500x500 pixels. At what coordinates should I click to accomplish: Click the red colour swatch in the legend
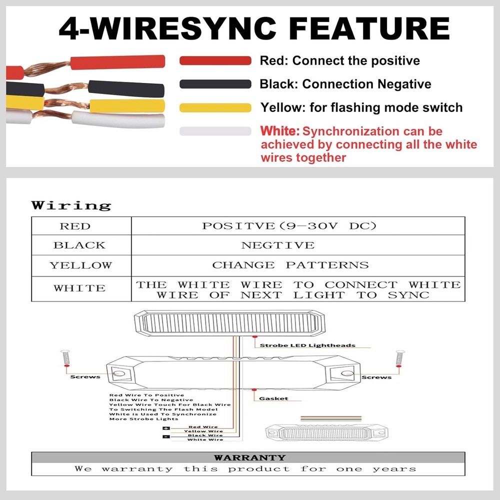[215, 60]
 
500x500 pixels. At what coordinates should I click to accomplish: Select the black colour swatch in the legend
[215, 84]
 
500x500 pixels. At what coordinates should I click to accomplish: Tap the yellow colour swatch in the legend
[215, 108]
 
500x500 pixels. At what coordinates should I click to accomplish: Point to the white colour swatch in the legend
[215, 131]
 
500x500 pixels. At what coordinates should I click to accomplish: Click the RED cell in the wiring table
[81, 226]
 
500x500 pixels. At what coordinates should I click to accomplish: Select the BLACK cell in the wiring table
[81, 245]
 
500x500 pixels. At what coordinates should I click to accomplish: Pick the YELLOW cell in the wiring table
[81, 265]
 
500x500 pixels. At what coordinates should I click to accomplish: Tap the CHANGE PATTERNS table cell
[298, 265]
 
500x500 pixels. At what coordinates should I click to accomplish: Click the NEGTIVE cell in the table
[298, 245]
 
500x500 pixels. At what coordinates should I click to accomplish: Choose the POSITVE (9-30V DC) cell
[298, 226]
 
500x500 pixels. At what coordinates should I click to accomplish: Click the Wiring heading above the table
[71, 205]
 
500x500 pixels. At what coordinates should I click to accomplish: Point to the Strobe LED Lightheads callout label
[307, 345]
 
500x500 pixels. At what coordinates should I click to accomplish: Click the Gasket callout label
[273, 398]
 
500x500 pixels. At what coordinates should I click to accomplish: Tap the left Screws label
[85, 377]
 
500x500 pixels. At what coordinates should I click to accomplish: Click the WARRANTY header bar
[248, 457]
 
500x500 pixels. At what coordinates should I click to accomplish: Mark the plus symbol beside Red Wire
[166, 428]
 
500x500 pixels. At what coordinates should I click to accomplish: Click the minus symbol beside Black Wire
[166, 436]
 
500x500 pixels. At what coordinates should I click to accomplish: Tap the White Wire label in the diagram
[205, 439]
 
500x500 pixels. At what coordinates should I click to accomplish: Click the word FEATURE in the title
[370, 28]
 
